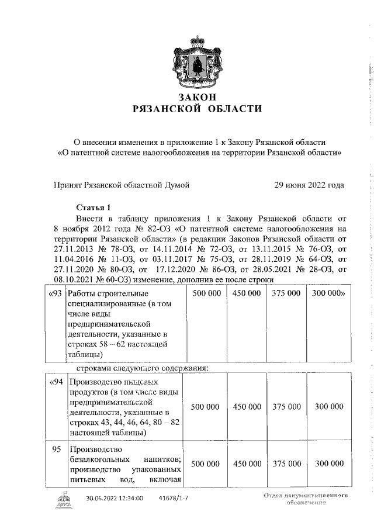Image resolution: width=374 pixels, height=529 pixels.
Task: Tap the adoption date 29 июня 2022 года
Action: (x=309, y=185)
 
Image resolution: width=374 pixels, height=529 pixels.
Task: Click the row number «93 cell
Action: (x=54, y=293)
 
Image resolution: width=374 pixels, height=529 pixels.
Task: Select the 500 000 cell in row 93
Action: (x=206, y=293)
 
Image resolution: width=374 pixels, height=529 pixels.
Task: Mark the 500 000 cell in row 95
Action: (x=206, y=464)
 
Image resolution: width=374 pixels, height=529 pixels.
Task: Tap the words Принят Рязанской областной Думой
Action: (x=122, y=185)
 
